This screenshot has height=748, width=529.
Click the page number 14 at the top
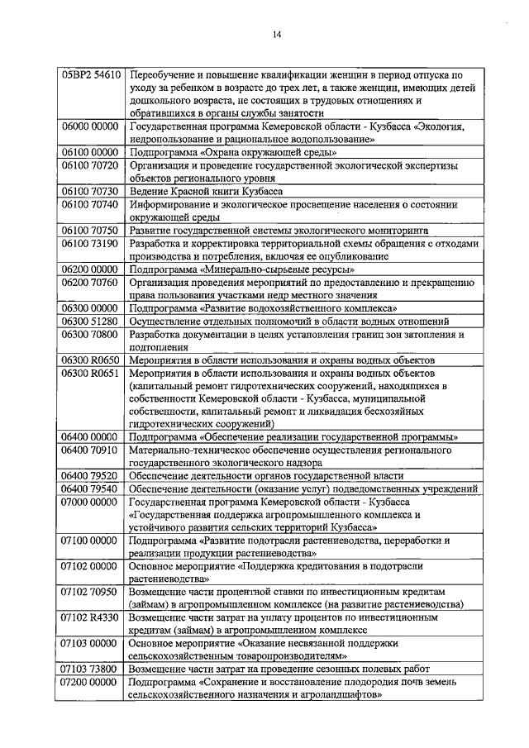(x=276, y=34)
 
